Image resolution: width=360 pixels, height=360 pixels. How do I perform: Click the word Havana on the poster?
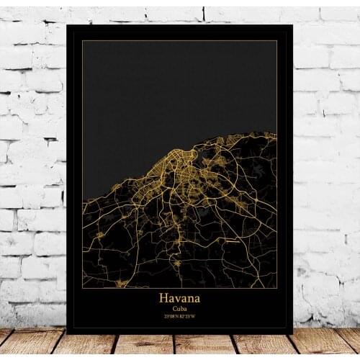pos(179,297)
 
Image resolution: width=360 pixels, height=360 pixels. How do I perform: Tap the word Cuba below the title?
pos(179,308)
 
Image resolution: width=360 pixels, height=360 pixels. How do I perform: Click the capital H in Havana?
pos(163,297)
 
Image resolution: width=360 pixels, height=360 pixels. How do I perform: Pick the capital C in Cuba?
pos(174,308)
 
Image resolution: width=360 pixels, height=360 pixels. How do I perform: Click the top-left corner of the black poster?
pos(67,24)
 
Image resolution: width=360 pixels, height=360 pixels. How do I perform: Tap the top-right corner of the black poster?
pos(292,25)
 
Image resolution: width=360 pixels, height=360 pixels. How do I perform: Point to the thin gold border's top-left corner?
pos(82,41)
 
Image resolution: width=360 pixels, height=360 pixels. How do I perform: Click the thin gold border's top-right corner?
pos(277,41)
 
